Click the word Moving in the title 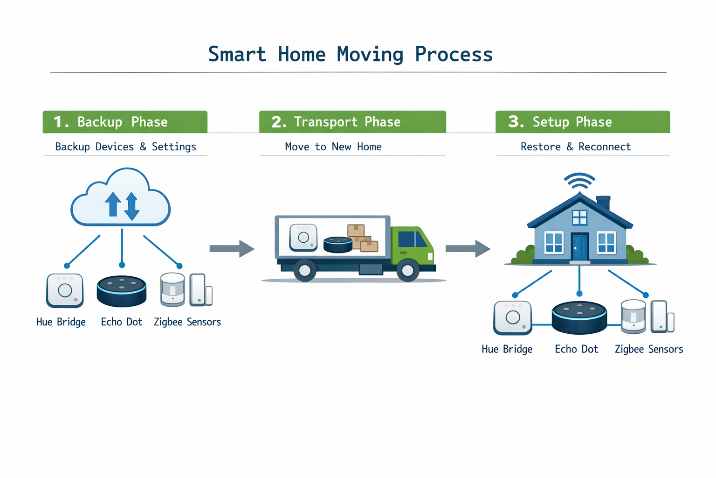tap(370, 55)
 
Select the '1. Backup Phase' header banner tap(125, 122)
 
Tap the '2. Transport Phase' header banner tap(352, 122)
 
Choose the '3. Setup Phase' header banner tap(582, 122)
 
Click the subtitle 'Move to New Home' tap(333, 147)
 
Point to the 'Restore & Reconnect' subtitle tap(576, 147)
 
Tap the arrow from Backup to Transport tap(232, 248)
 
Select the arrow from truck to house tap(468, 248)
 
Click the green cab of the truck tap(413, 245)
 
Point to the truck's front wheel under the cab tap(407, 271)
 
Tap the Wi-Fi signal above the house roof tap(579, 181)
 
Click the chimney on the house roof tap(603, 203)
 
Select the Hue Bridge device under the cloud tap(65, 290)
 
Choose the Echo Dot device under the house tap(579, 317)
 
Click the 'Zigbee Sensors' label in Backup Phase tap(187, 322)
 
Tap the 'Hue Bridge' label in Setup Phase tap(507, 349)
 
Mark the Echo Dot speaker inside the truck tap(338, 245)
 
